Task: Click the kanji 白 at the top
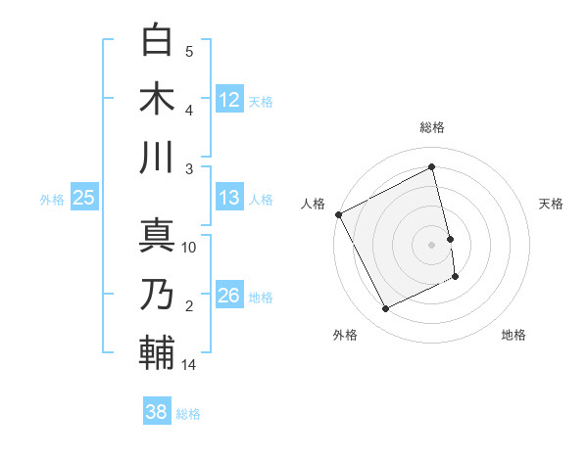157,40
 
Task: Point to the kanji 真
157,234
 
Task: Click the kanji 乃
157,294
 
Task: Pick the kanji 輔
157,352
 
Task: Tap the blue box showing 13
229,198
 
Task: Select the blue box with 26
229,296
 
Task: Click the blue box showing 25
83,198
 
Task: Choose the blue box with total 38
157,412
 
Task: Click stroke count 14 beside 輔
189,366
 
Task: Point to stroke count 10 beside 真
189,248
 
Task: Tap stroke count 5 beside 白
189,52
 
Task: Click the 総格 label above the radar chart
432,127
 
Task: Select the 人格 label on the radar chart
314,204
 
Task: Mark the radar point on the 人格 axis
339,214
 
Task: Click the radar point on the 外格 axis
386,309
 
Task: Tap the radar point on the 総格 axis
432,166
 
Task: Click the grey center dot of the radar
432,245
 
